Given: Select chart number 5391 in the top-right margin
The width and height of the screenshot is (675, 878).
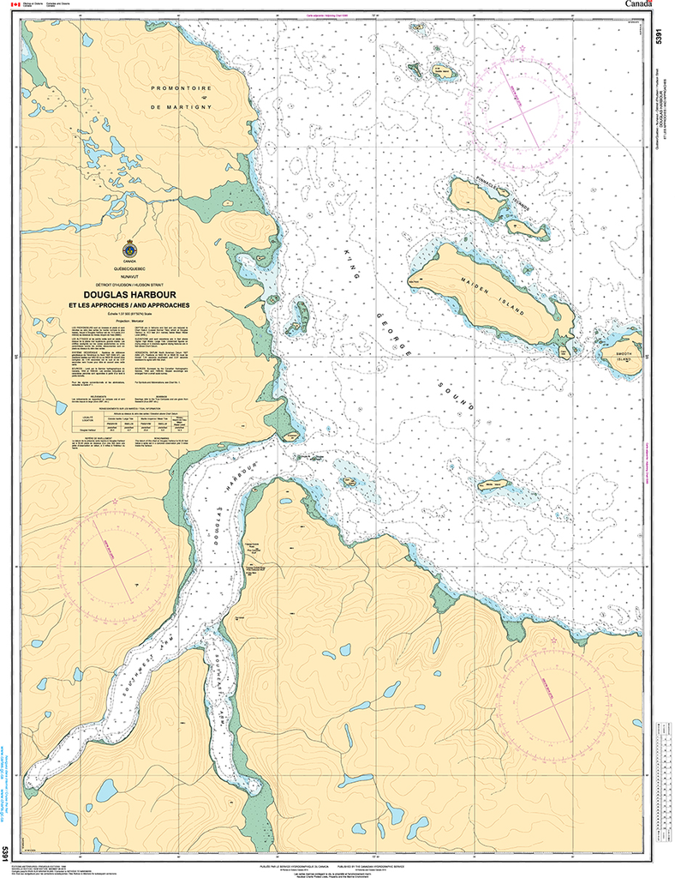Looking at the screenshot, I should [x=657, y=39].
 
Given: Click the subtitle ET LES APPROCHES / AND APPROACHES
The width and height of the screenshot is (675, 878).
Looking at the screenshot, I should [x=130, y=306].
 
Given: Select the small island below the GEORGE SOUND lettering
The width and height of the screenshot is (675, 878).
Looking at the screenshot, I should [x=494, y=485].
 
